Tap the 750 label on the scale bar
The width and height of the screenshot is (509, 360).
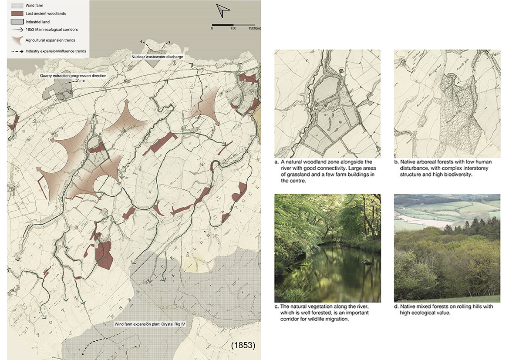[233, 28]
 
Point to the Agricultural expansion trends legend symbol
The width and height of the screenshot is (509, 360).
[16, 40]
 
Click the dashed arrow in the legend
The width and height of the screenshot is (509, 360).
[16, 51]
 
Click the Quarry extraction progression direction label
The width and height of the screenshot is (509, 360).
[73, 76]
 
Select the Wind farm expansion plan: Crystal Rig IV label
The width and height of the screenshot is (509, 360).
[144, 324]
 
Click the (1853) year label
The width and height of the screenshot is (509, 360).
[243, 345]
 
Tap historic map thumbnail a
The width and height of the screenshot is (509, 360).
[327, 104]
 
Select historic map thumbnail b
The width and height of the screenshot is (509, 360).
[447, 104]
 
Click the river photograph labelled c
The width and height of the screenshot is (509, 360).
[327, 248]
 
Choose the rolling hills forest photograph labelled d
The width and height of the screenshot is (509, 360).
[447, 248]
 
